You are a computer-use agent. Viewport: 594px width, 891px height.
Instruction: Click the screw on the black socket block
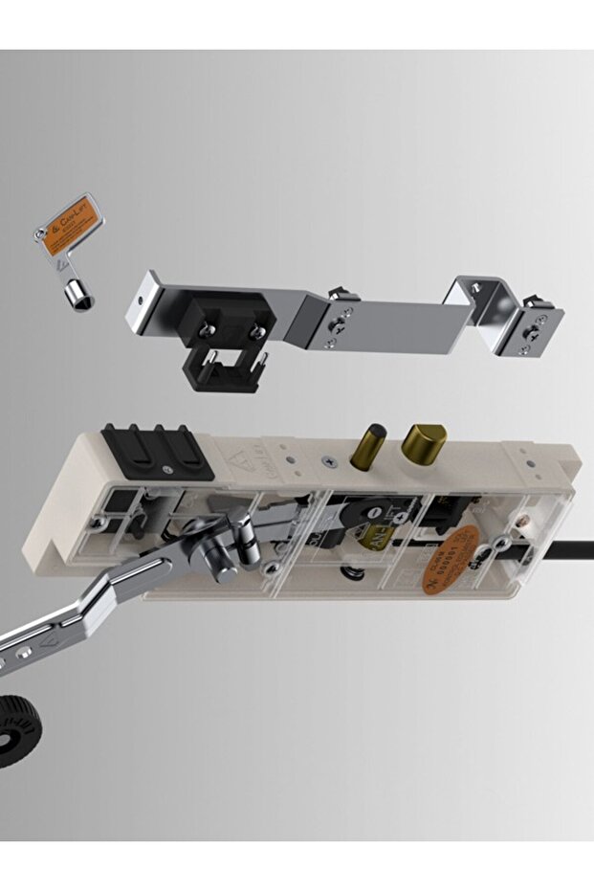coord(168,469)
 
